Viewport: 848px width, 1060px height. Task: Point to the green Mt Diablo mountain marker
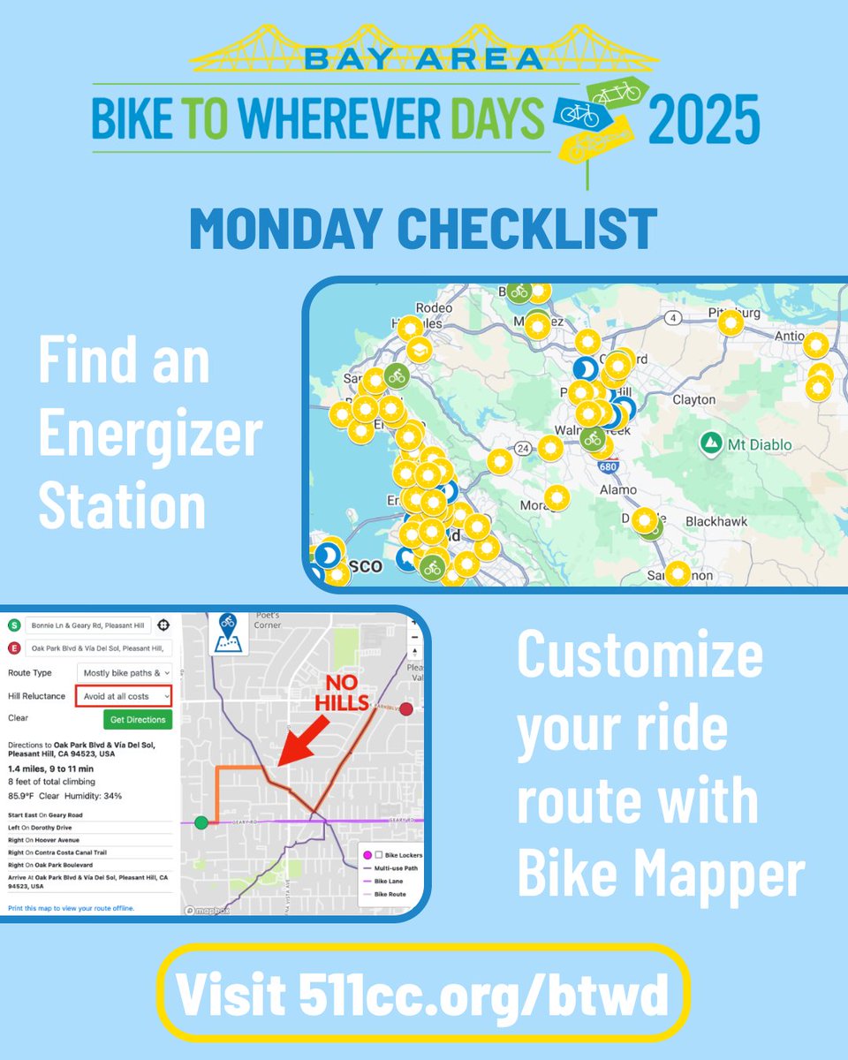pyautogui.click(x=709, y=441)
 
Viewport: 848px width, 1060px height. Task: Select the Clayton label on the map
pyautogui.click(x=693, y=399)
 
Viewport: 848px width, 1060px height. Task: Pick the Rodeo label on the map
pyautogui.click(x=434, y=308)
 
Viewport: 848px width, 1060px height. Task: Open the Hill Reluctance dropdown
pyautogui.click(x=123, y=696)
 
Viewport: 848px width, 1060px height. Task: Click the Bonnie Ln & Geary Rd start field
pyautogui.click(x=88, y=625)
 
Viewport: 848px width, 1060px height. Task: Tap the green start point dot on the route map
pyautogui.click(x=201, y=822)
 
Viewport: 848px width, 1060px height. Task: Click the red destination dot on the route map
pyautogui.click(x=406, y=708)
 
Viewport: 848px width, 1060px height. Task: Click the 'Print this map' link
pyautogui.click(x=71, y=908)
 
